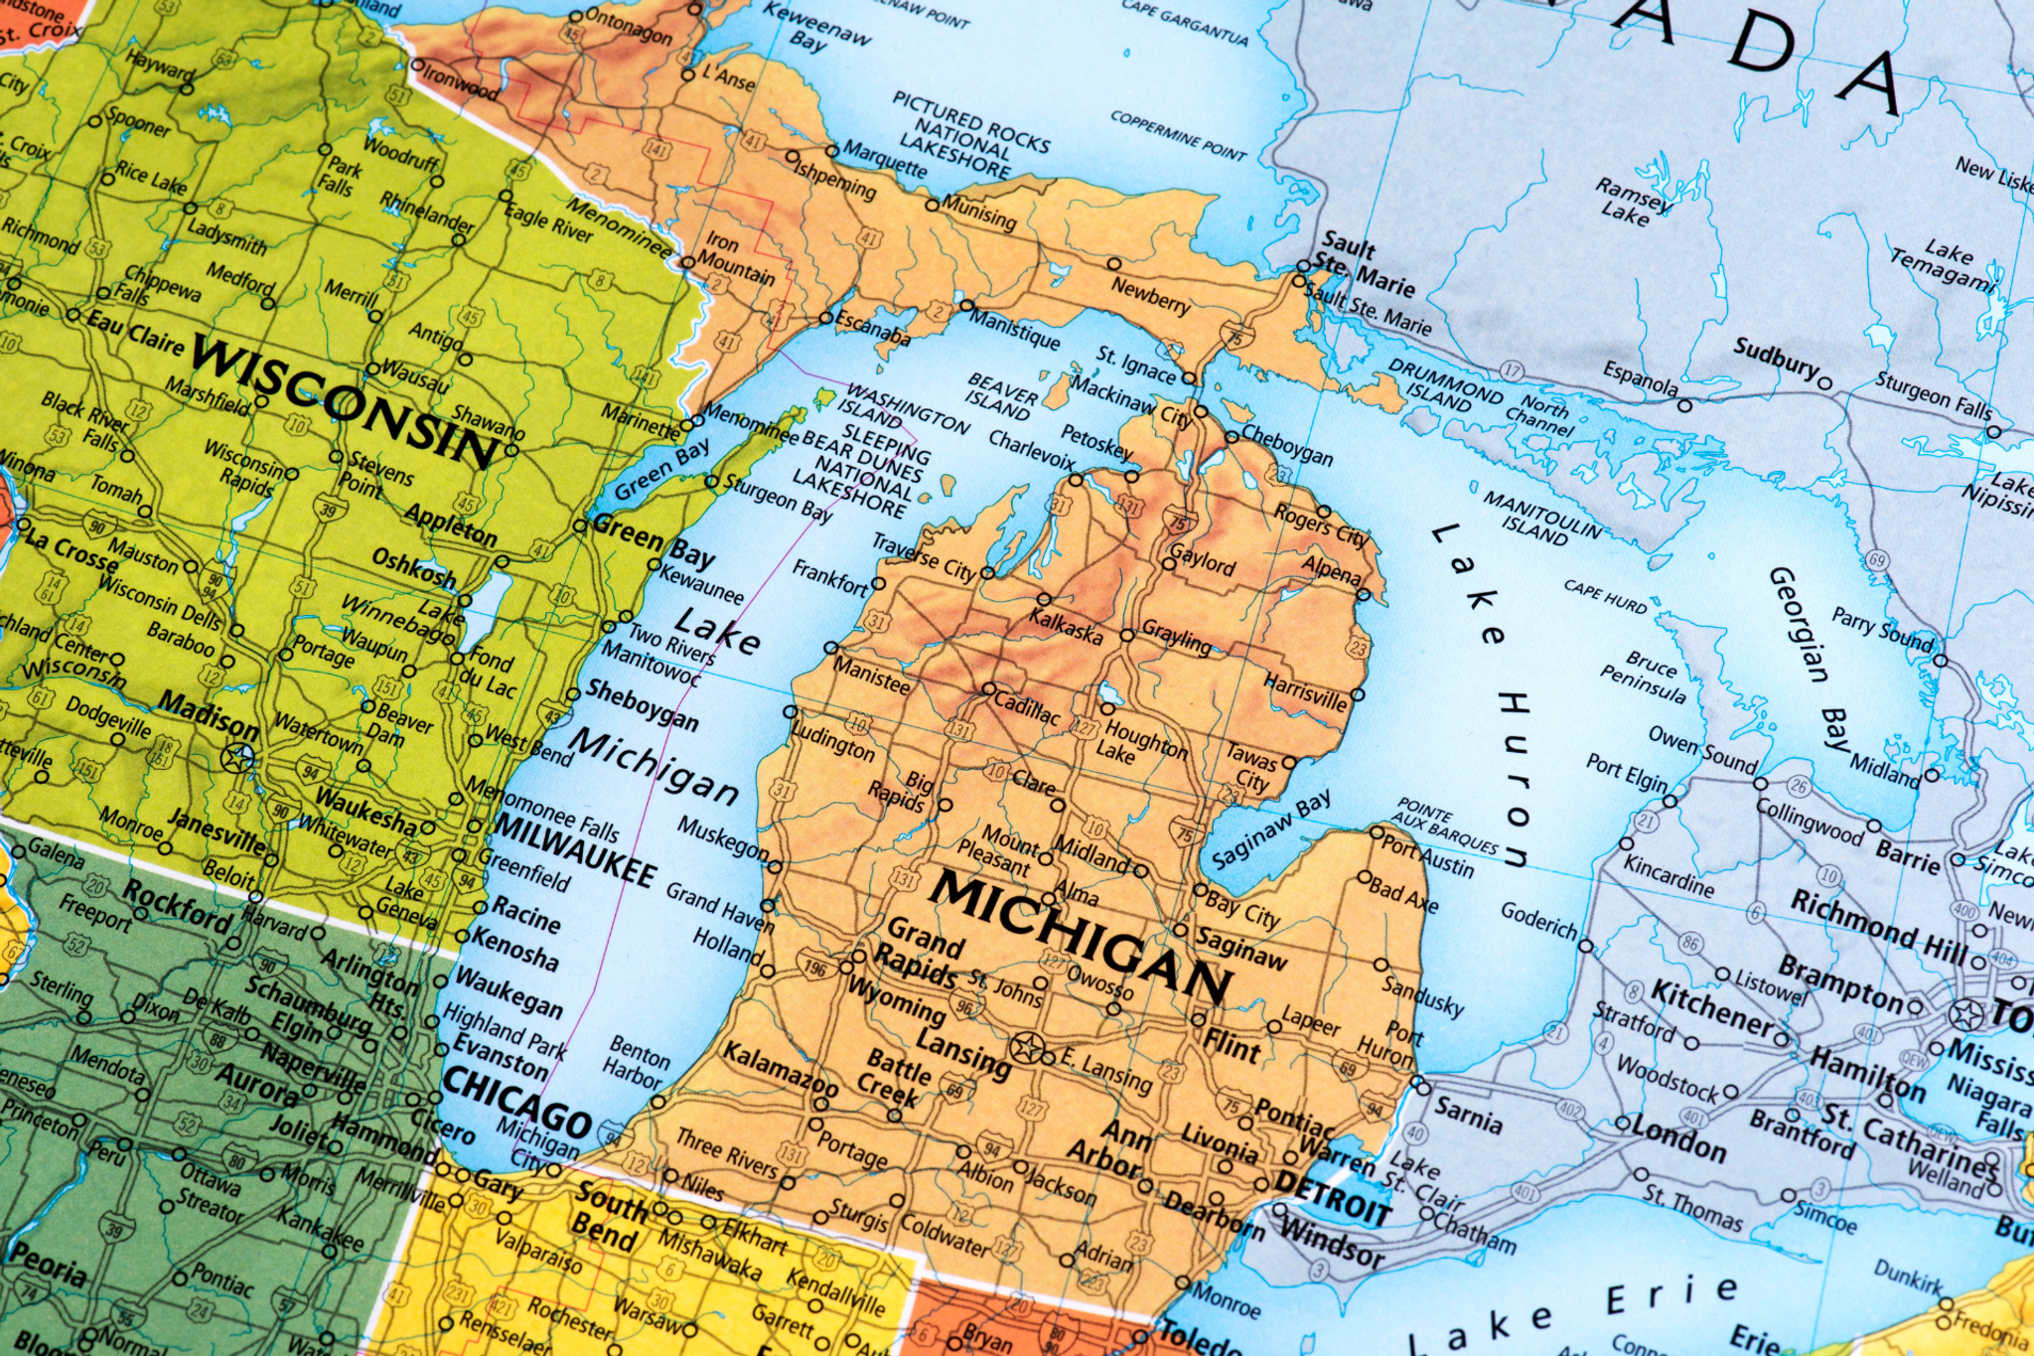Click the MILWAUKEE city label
[x=574, y=850]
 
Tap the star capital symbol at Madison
[x=238, y=758]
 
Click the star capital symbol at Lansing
[x=1026, y=1047]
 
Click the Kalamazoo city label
[x=780, y=1068]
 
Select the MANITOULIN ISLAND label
[x=1540, y=516]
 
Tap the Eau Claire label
[x=135, y=332]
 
